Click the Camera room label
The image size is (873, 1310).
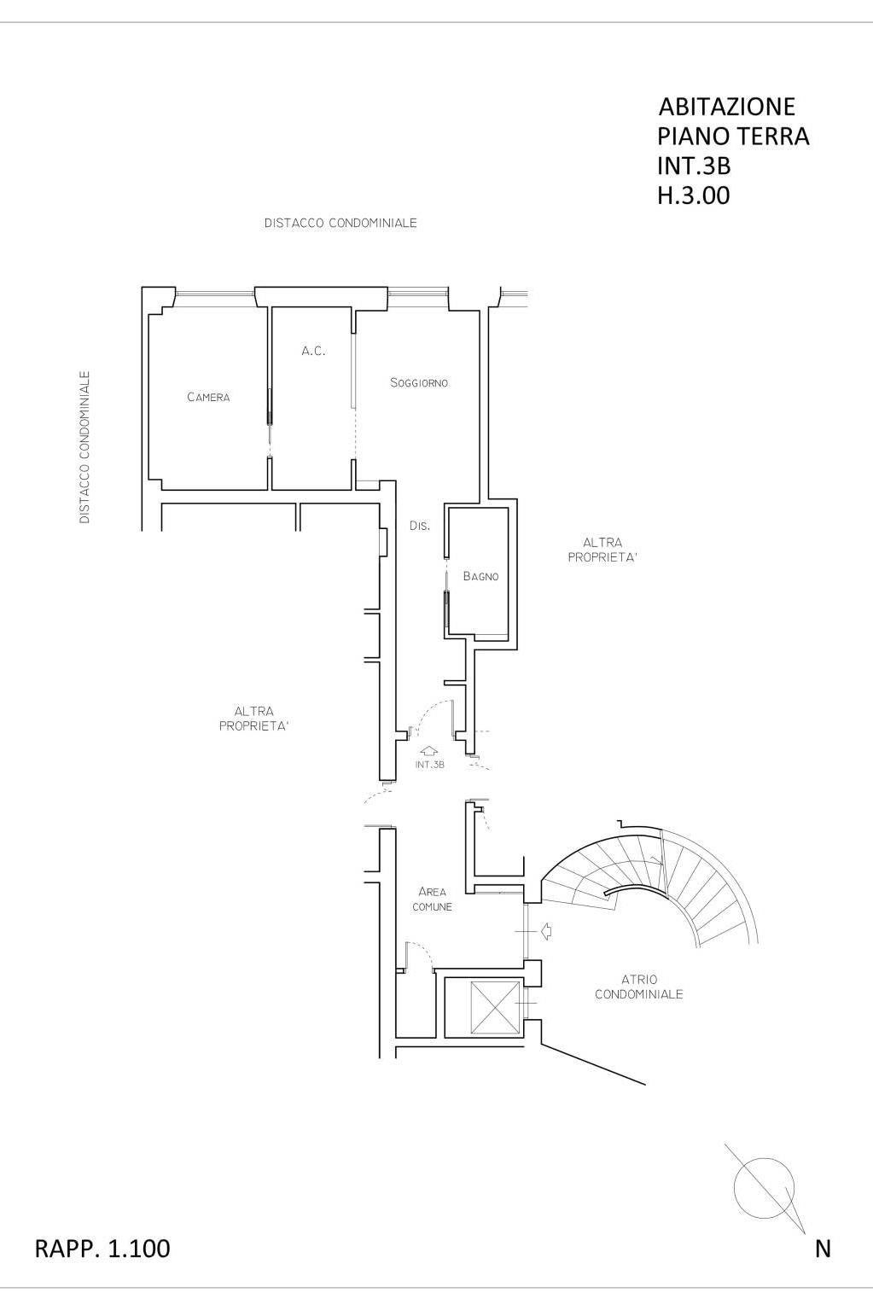[x=208, y=397]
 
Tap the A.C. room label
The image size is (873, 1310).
[x=313, y=351]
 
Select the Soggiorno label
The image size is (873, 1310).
[x=419, y=382]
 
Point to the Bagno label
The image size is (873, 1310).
[x=480, y=576]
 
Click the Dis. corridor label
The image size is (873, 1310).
[x=420, y=526]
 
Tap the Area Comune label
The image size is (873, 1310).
[x=432, y=899]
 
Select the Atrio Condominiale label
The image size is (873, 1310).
[x=638, y=987]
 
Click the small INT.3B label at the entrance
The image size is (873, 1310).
[x=430, y=765]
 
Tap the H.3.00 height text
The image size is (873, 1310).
[x=694, y=196]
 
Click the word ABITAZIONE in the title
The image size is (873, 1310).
[x=727, y=107]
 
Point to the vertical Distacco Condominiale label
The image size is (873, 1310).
[x=84, y=447]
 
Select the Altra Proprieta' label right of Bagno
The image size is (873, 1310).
[x=602, y=550]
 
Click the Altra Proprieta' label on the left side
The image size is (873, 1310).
[x=253, y=719]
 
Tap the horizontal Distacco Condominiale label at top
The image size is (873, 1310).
[x=340, y=223]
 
